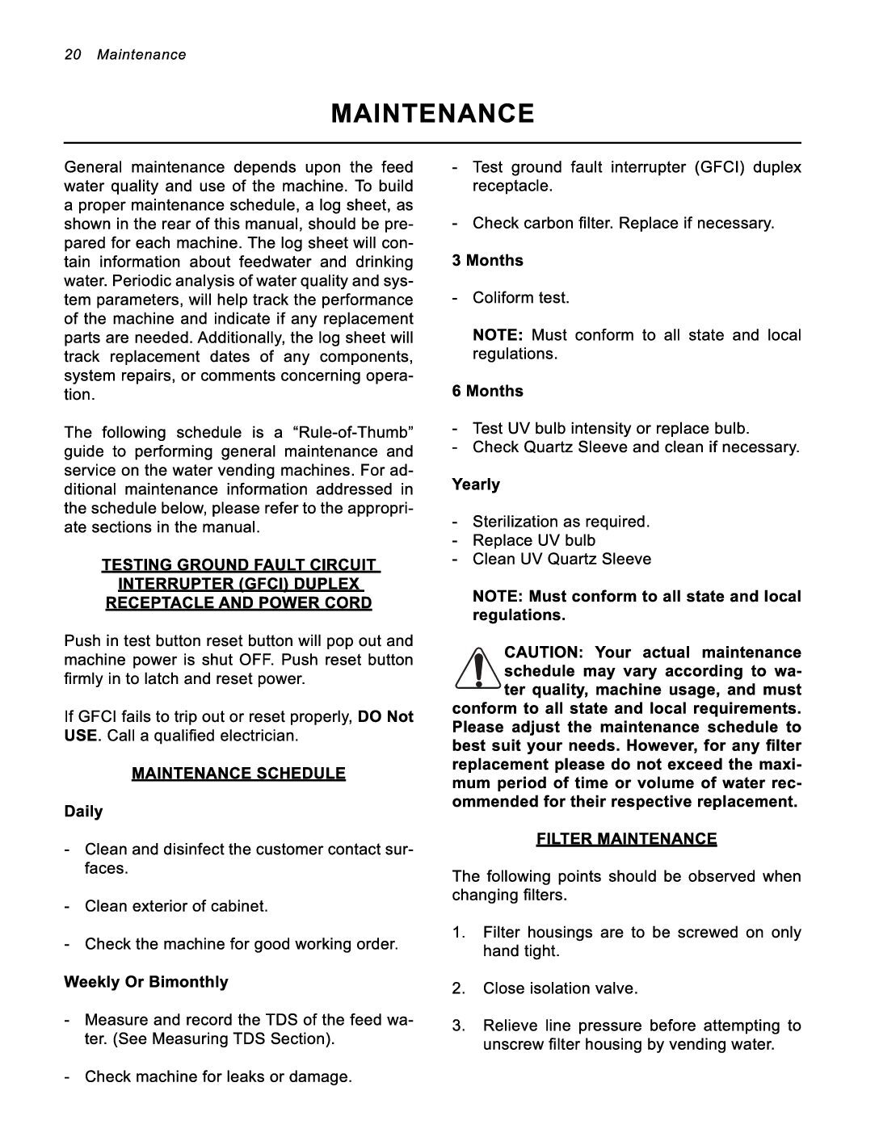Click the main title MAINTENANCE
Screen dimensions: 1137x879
click(432, 113)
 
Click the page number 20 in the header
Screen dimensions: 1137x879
click(73, 55)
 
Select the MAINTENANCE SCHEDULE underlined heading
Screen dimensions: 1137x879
click(238, 774)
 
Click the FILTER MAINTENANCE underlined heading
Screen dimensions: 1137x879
click(626, 839)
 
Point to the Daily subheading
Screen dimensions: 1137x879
click(83, 811)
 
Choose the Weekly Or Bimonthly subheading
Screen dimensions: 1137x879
click(145, 982)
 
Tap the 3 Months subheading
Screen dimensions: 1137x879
click(487, 260)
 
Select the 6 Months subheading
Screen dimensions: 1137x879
click(487, 391)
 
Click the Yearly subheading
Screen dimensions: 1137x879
click(476, 485)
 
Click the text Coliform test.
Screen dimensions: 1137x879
click(521, 298)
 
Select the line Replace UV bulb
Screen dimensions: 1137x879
click(533, 540)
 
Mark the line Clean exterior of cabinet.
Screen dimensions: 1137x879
click(176, 906)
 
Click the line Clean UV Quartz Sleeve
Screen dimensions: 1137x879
click(561, 559)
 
